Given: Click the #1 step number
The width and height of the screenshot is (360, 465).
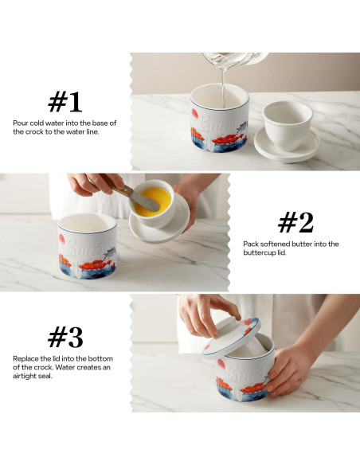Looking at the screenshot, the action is point(65,102).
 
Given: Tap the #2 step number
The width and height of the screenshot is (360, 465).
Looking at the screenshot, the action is point(295,222).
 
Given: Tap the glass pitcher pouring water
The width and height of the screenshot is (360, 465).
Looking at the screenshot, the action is point(235,60).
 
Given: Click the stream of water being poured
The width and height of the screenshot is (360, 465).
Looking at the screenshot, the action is point(223,88).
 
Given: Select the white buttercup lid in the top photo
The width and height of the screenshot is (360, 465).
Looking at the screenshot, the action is point(287,131).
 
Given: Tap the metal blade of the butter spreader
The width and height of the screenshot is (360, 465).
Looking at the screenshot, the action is point(145,201).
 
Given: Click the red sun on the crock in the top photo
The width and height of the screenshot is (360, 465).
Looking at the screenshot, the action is point(194,113).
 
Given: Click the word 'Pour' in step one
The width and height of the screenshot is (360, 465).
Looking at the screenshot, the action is point(21,123).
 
